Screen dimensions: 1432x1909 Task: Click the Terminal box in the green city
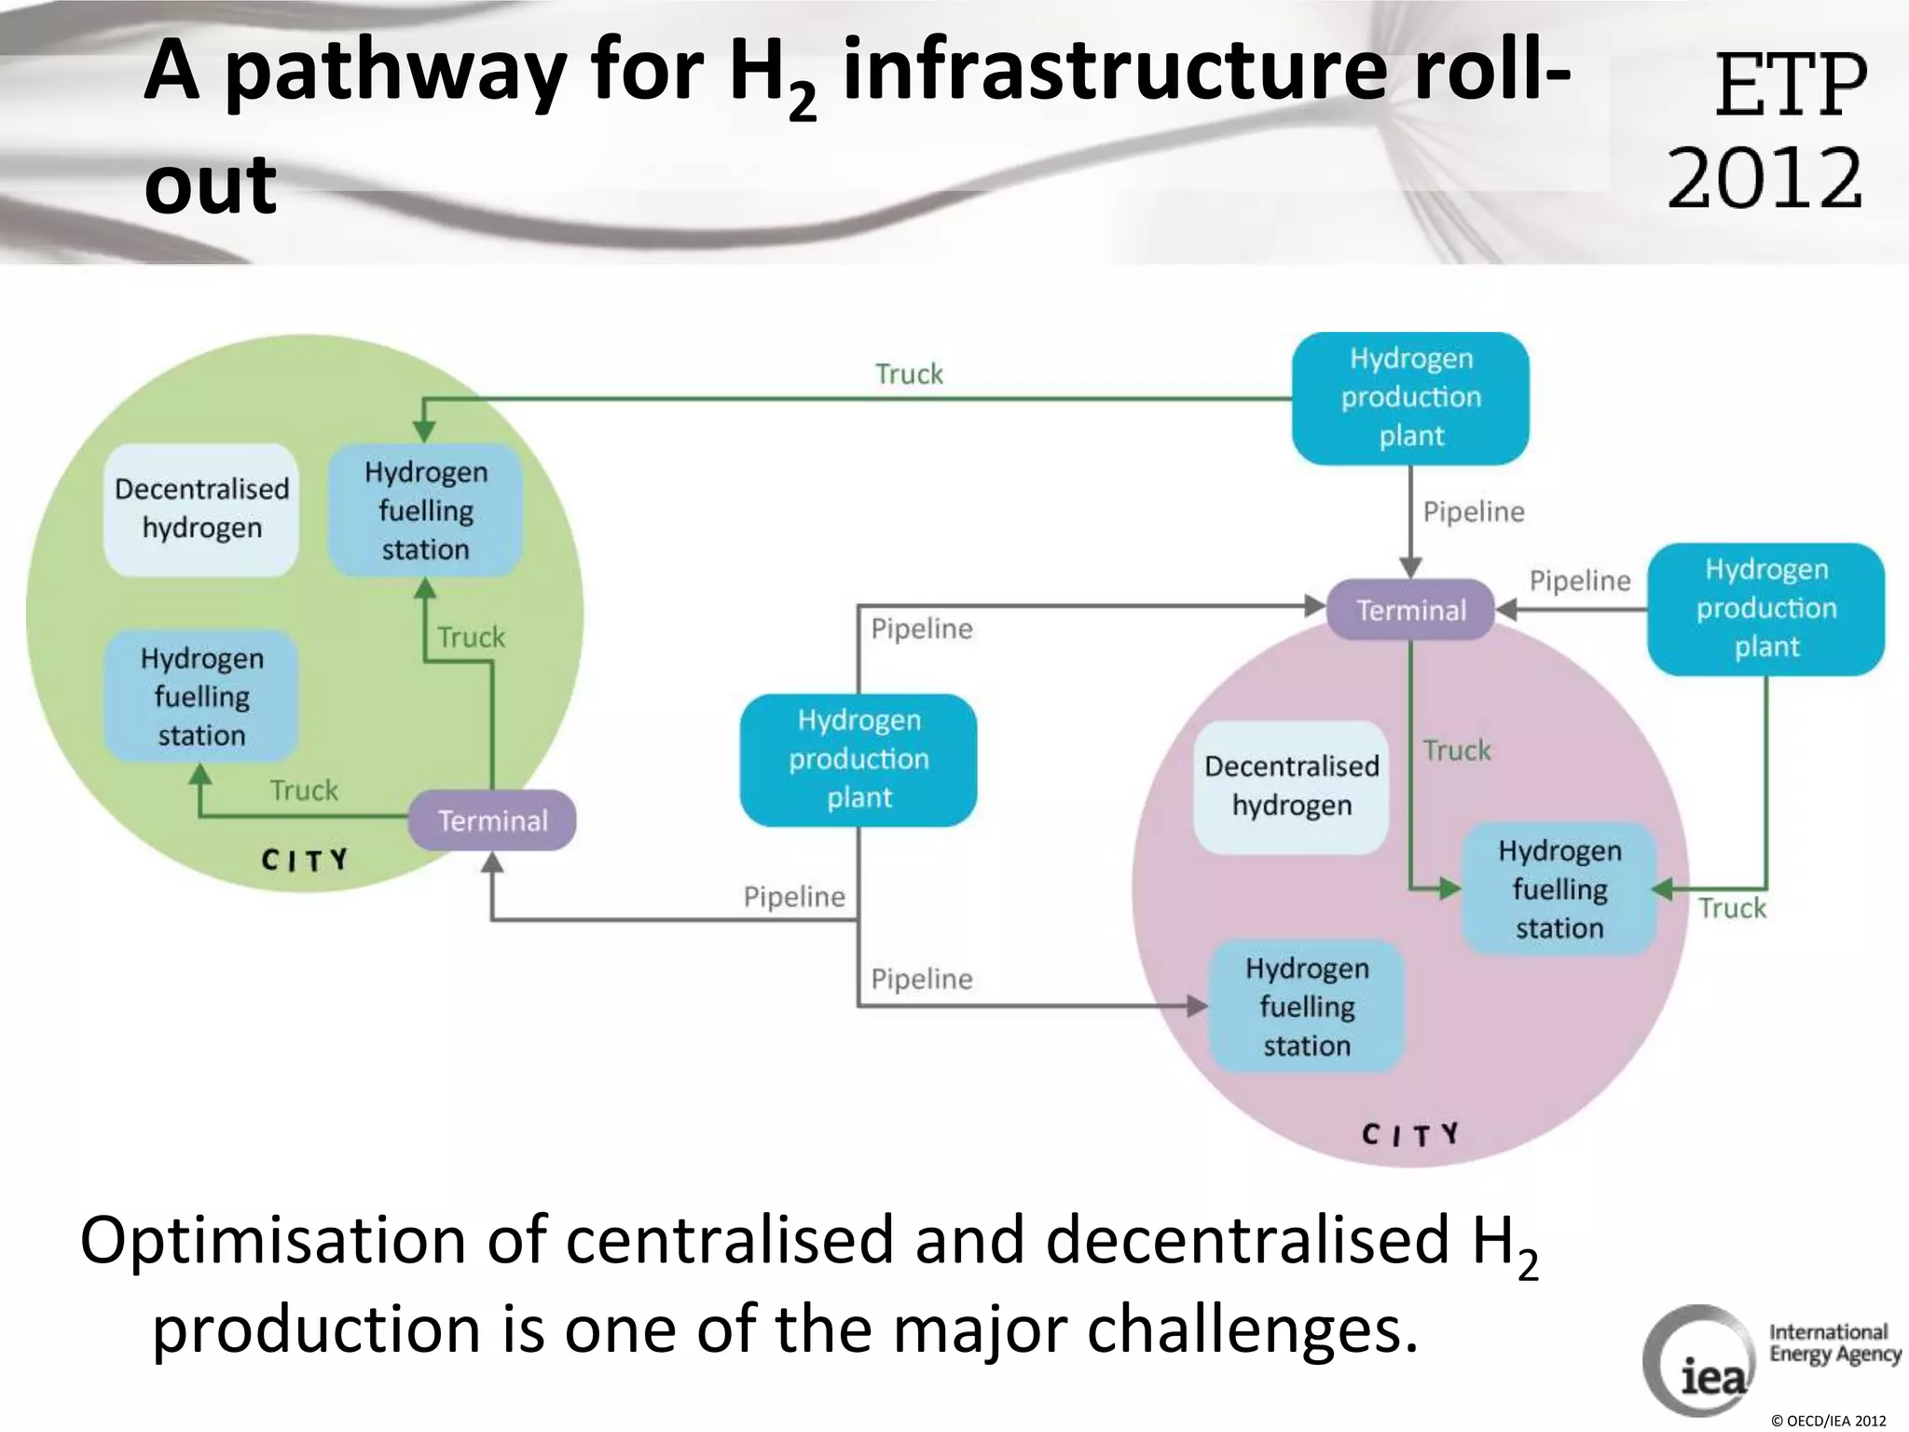(492, 820)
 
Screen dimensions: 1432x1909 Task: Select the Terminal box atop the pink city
(1410, 610)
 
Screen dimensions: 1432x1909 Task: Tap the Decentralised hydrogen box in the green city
(201, 508)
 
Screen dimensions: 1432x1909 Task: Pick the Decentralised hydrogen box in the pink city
(1291, 786)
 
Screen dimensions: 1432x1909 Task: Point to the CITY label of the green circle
(305, 859)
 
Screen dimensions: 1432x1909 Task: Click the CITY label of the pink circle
(1410, 1135)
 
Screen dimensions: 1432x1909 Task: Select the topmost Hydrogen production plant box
(1410, 398)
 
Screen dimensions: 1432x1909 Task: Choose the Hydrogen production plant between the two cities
(858, 759)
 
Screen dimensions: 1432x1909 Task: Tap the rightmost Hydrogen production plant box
(1765, 609)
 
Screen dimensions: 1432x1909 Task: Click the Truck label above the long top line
(909, 374)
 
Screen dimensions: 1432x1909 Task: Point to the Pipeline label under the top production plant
(1474, 512)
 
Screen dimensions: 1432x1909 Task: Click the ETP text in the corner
(1790, 86)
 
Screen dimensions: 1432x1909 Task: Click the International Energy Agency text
(1834, 1343)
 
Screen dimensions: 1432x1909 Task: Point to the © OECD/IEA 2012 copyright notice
(1828, 1421)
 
